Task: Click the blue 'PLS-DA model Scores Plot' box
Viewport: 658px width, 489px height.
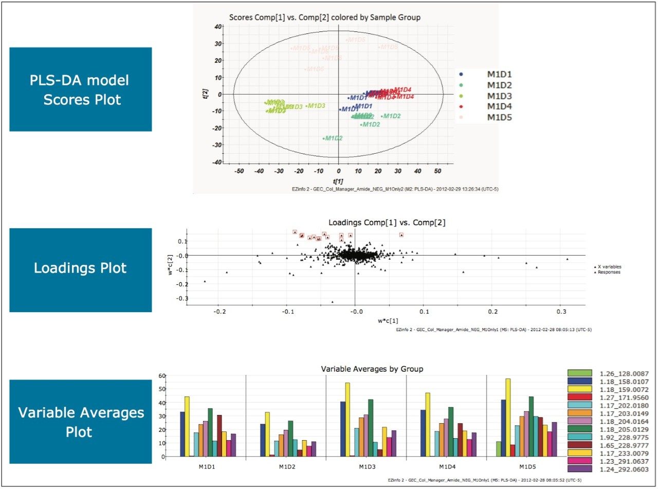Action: click(x=80, y=89)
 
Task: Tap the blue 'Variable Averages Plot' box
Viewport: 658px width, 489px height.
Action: click(x=80, y=422)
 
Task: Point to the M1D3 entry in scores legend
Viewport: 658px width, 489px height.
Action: click(x=499, y=96)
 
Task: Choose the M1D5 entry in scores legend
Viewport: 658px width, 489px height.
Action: click(x=499, y=117)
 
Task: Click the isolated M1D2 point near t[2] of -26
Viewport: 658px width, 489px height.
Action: click(x=324, y=138)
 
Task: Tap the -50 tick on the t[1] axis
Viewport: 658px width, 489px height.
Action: click(x=239, y=170)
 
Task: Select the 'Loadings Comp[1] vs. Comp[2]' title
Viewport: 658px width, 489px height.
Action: click(x=387, y=223)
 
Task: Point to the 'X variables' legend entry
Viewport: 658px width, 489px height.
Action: click(x=609, y=267)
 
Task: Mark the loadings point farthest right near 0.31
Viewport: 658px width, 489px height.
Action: click(x=567, y=259)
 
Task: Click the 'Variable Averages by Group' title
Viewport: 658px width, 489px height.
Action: click(x=372, y=369)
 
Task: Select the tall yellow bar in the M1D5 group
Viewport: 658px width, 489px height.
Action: click(x=508, y=418)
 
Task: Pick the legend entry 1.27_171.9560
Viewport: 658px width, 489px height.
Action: click(x=624, y=397)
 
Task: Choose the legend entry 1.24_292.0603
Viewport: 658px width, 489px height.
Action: click(x=624, y=469)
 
